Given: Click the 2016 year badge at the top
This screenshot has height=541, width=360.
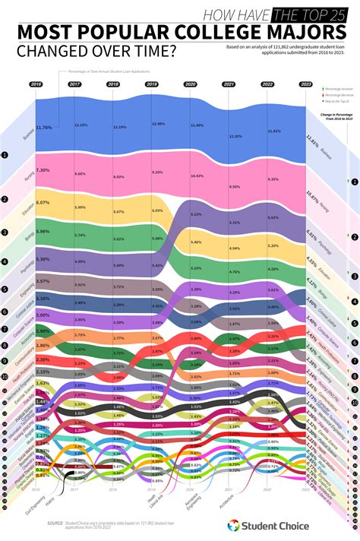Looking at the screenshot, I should (35, 84).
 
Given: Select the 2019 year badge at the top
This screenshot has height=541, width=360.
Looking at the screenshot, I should (151, 84).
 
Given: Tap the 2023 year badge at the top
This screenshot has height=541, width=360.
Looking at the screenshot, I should (305, 84).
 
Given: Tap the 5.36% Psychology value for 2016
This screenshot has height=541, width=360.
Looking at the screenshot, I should (43, 259).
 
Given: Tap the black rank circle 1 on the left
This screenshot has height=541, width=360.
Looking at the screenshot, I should (6, 155).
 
